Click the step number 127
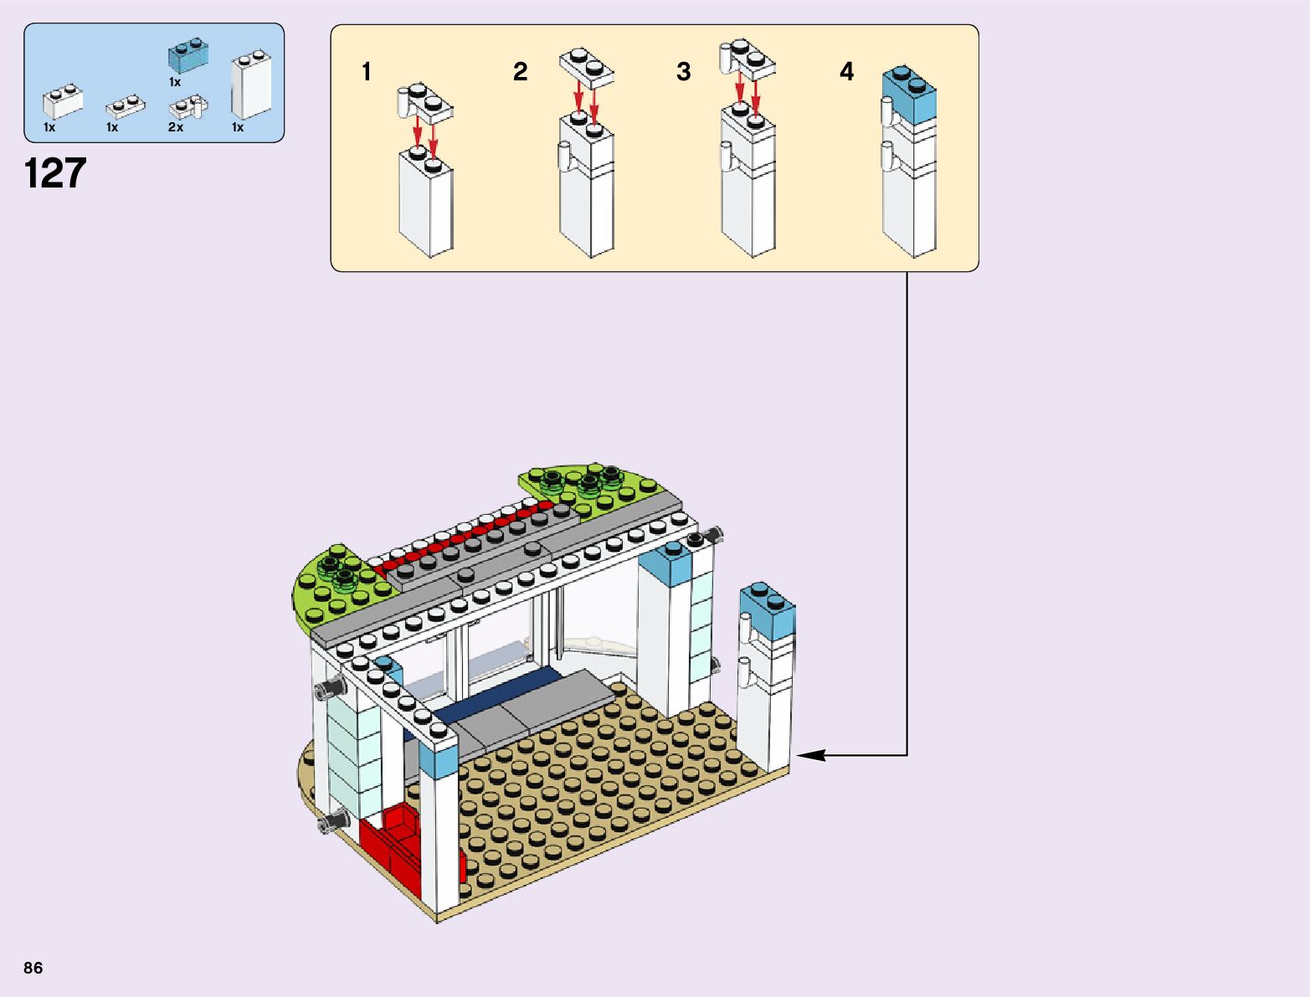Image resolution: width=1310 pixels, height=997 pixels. pyautogui.click(x=55, y=174)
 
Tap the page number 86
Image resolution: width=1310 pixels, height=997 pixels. pyautogui.click(x=33, y=968)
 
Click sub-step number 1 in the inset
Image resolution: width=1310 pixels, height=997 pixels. pyautogui.click(x=366, y=72)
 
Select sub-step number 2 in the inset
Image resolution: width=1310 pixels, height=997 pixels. pyautogui.click(x=520, y=72)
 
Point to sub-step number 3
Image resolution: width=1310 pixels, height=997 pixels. pyautogui.click(x=684, y=72)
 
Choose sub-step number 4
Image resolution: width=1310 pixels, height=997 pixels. pyautogui.click(x=847, y=72)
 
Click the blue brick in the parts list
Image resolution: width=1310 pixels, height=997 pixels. pyautogui.click(x=188, y=56)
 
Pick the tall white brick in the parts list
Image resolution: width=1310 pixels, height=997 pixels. pyautogui.click(x=250, y=85)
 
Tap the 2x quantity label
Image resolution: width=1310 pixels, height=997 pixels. pyautogui.click(x=176, y=127)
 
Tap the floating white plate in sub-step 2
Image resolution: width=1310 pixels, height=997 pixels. pyautogui.click(x=586, y=67)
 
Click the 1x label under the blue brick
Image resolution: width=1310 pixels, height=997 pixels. pyautogui.click(x=175, y=82)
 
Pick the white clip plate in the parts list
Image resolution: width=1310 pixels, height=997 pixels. pyautogui.click(x=188, y=107)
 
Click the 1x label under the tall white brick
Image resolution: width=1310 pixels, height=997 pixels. pyautogui.click(x=238, y=127)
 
